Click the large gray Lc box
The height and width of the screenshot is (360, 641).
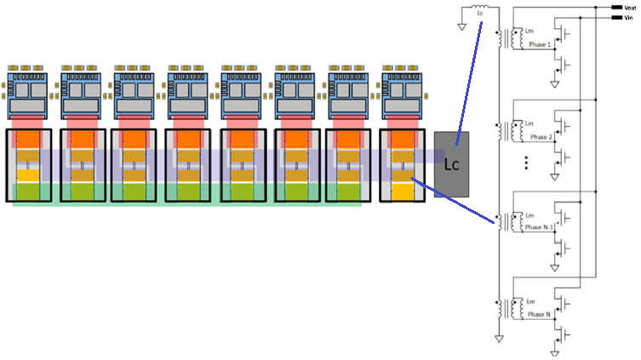(451, 164)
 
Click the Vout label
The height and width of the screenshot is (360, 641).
(630, 7)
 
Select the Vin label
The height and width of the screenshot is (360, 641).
(629, 16)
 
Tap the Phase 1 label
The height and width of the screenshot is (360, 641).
(541, 44)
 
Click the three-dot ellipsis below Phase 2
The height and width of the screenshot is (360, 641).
(527, 163)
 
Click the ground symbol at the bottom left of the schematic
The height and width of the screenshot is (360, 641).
(500, 339)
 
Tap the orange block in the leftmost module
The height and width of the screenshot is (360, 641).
(29, 138)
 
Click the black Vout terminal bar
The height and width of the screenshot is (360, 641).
(616, 7)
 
